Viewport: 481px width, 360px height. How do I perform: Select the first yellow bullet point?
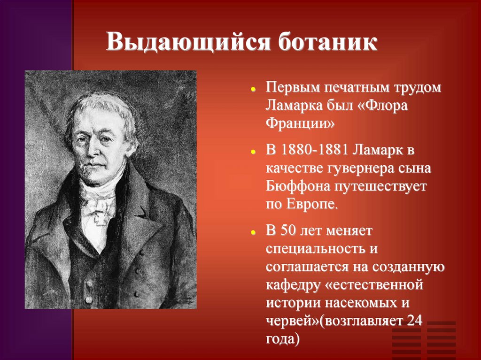pyautogui.click(x=253, y=89)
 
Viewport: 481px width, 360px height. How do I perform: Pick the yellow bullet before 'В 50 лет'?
pyautogui.click(x=253, y=232)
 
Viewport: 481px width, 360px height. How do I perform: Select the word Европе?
pyautogui.click(x=311, y=204)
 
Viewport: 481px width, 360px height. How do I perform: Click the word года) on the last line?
pyautogui.click(x=282, y=339)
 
